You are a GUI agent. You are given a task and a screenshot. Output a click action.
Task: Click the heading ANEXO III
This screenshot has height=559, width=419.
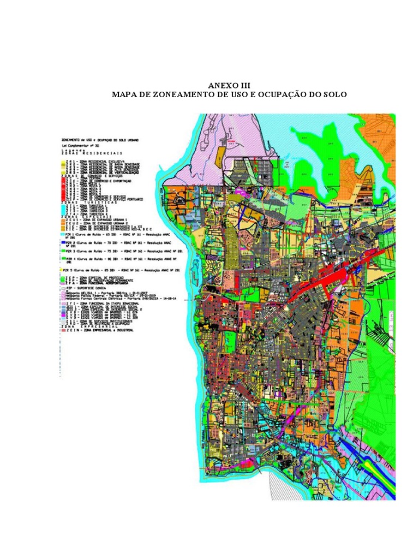[x=229, y=86]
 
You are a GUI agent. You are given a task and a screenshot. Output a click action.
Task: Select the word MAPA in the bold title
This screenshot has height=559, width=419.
[x=124, y=94]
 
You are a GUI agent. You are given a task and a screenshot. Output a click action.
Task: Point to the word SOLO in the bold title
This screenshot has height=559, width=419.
[x=334, y=94]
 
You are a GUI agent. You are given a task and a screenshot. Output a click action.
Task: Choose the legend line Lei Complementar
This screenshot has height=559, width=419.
[x=80, y=146]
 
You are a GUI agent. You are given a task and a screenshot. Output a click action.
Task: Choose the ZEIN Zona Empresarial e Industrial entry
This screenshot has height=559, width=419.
[x=99, y=331]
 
